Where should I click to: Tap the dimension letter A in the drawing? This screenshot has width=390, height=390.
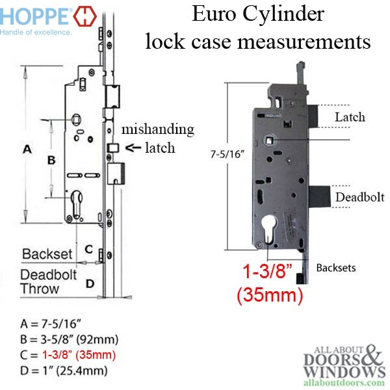(x=27, y=149)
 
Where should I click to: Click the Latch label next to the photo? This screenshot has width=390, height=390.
(x=349, y=117)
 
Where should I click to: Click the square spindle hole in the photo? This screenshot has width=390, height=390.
(x=269, y=137)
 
